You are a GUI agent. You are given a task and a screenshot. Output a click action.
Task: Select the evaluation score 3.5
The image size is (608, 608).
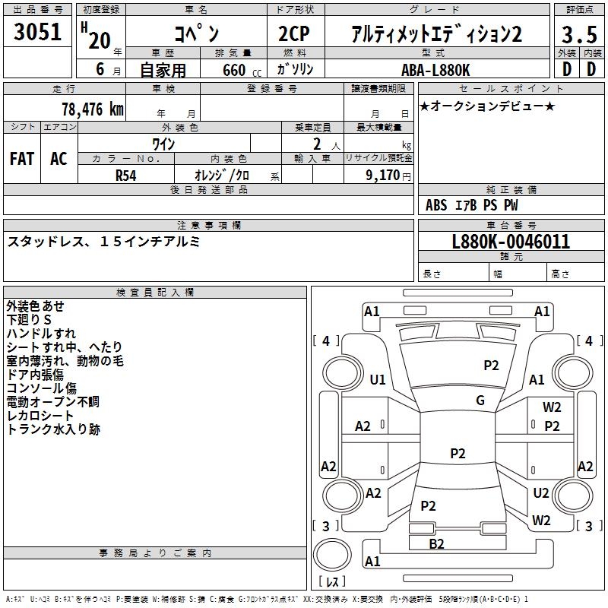click(x=578, y=34)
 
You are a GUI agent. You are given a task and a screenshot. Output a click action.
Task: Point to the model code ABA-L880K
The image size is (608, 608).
click(x=435, y=69)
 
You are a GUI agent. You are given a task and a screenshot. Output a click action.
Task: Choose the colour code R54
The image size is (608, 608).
click(x=126, y=175)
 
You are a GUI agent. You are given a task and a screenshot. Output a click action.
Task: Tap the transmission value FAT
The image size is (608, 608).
click(x=22, y=159)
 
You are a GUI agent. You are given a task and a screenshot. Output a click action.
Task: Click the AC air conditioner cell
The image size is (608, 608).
click(x=59, y=159)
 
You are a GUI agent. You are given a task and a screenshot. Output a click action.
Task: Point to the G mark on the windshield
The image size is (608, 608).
click(x=480, y=401)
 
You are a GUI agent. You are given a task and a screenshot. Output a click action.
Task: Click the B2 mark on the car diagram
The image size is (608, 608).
click(x=436, y=543)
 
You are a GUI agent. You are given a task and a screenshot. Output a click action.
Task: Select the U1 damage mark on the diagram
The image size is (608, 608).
click(x=378, y=379)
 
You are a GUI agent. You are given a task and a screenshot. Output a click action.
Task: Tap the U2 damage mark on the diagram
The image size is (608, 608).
click(x=541, y=493)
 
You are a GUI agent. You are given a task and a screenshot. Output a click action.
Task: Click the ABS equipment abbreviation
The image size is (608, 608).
click(x=436, y=205)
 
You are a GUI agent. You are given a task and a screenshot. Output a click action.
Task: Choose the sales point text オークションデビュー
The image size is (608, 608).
click(x=486, y=106)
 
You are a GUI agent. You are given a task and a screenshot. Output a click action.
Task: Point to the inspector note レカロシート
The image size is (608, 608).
click(x=40, y=416)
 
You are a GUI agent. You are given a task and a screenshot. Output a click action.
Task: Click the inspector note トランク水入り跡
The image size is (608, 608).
click(x=53, y=429)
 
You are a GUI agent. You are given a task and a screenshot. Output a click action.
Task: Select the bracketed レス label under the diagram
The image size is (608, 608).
click(x=332, y=582)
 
